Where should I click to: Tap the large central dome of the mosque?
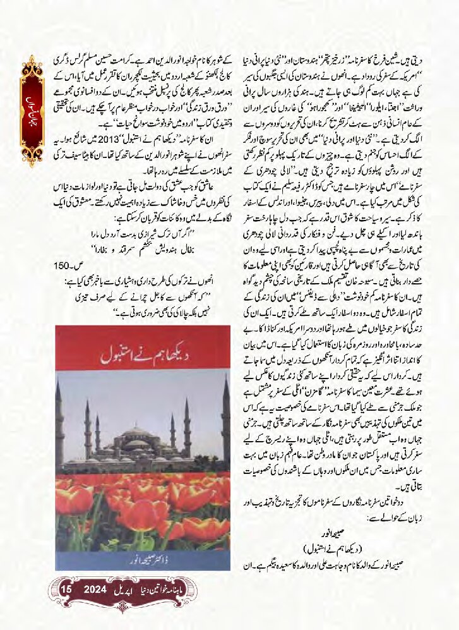pos(137,436)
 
